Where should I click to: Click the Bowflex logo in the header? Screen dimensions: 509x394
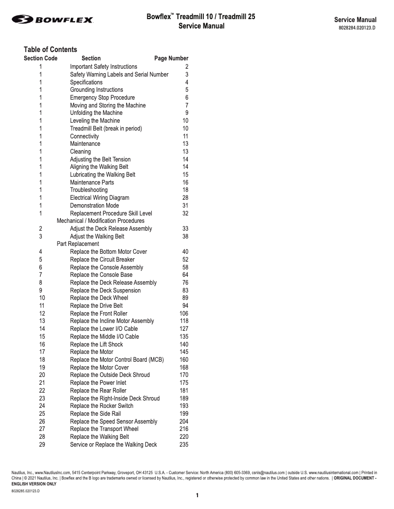pos(53,20)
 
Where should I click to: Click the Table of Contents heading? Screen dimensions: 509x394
pos(50,50)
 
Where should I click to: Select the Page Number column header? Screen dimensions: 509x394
pos(171,58)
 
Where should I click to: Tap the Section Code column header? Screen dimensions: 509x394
pos(40,58)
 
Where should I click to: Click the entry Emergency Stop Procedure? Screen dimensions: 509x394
pos(102,98)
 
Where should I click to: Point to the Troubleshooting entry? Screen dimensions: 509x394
pos(88,190)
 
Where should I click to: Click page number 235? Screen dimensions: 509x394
pos(183,445)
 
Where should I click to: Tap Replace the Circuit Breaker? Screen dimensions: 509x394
pos(102,260)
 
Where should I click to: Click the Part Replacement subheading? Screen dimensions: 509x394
pos(78,244)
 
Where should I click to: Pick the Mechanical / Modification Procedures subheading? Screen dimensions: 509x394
pos(101,221)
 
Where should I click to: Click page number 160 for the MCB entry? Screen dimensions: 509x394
pos(183,360)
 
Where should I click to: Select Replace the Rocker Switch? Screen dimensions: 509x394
pos(102,406)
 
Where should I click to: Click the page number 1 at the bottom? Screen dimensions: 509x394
pos(197,495)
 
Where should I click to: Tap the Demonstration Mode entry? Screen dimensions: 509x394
pos(94,206)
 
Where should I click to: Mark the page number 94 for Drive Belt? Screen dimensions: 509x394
pos(185,306)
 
